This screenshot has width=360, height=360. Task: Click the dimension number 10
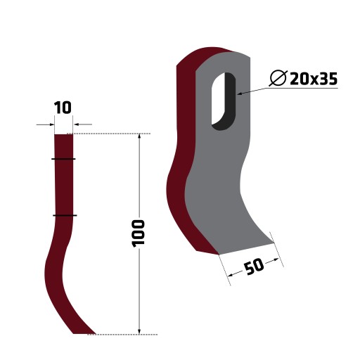tap(63, 108)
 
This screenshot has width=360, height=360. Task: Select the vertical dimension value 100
tap(139, 233)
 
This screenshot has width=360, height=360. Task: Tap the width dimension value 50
tap(254, 266)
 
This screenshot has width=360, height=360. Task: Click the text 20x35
tap(314, 79)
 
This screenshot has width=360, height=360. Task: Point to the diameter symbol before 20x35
tap(278, 78)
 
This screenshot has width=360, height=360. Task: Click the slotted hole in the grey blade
tap(224, 101)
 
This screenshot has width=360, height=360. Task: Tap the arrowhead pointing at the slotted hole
tap(240, 94)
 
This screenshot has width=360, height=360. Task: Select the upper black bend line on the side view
tap(63, 159)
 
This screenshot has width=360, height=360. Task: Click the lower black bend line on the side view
tap(65, 215)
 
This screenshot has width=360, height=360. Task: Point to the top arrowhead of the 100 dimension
tap(139, 136)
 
